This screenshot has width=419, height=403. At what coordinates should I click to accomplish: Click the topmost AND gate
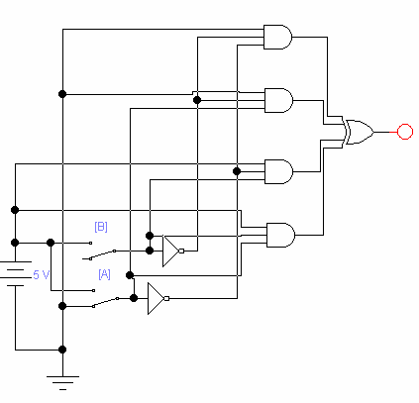[x=277, y=37]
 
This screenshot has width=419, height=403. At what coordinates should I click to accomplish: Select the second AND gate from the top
[x=278, y=100]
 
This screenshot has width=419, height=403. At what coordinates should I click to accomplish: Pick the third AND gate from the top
[x=278, y=171]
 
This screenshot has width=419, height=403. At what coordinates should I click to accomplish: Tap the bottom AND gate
[x=280, y=235]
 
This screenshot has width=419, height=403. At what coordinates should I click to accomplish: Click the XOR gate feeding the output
[x=359, y=132]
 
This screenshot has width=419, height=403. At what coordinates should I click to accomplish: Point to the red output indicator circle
[x=405, y=132]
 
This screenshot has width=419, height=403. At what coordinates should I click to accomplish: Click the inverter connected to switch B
[x=171, y=252]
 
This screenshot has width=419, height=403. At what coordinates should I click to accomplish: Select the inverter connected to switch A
[x=157, y=298]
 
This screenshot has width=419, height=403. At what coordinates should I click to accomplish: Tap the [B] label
[x=101, y=227]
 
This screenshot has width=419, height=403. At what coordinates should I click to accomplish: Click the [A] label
[x=104, y=274]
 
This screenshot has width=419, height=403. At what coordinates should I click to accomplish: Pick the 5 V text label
[x=42, y=274]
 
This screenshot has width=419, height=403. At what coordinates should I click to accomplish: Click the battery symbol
[x=15, y=274]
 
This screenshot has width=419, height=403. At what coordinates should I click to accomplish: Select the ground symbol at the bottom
[x=62, y=383]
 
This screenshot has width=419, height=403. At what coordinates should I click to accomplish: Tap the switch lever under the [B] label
[x=102, y=254]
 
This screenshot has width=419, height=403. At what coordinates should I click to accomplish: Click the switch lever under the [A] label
[x=106, y=302]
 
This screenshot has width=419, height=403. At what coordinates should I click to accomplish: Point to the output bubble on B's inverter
[x=181, y=252]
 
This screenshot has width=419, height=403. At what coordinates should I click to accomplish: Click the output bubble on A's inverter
[x=166, y=298]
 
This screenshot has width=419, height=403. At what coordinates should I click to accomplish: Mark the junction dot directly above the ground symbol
[x=62, y=350]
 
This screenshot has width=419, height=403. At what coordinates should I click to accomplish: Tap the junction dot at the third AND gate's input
[x=237, y=171]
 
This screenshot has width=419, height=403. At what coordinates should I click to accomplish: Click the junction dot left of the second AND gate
[x=197, y=100]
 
